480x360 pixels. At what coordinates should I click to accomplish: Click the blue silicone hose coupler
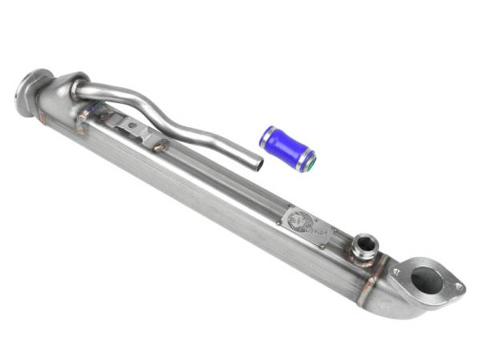[286, 146]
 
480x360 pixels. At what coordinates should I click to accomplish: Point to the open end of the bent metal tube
[255, 163]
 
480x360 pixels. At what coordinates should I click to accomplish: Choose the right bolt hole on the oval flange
[457, 286]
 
